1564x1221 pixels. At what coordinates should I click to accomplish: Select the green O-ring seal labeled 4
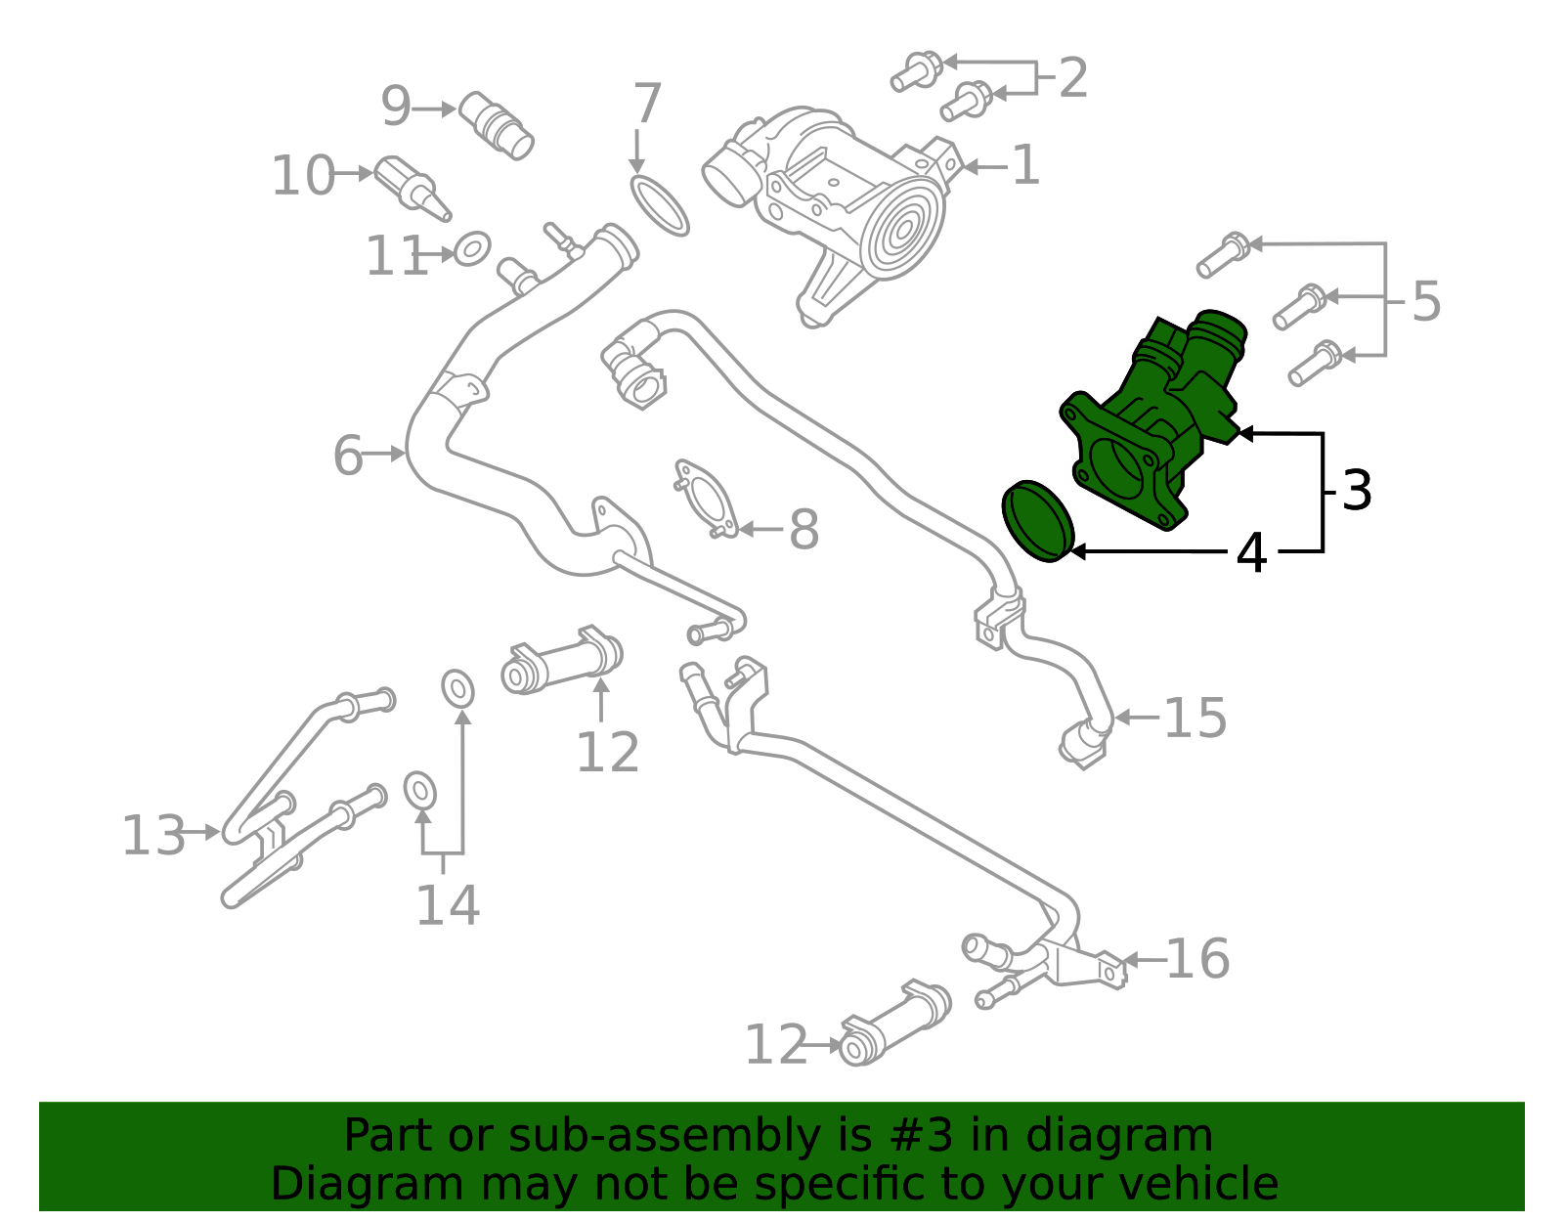coord(1038,522)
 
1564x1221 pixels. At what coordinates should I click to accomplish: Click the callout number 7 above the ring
coord(647,104)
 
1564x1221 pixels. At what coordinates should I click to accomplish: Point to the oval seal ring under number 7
coord(660,205)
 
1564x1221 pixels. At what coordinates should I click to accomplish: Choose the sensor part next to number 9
coord(497,125)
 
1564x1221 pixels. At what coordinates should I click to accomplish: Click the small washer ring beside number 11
coord(472,249)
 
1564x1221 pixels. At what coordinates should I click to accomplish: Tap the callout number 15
coord(1195,719)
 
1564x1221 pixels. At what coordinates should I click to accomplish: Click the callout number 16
coord(1197,959)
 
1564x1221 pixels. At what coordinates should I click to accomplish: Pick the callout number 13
coord(152,836)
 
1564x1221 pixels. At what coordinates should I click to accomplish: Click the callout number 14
coord(448,905)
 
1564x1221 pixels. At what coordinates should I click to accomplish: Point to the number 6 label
coord(348,456)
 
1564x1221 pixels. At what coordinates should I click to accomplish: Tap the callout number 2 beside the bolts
coord(1072,78)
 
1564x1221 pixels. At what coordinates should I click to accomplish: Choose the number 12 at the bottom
coord(776,1046)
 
